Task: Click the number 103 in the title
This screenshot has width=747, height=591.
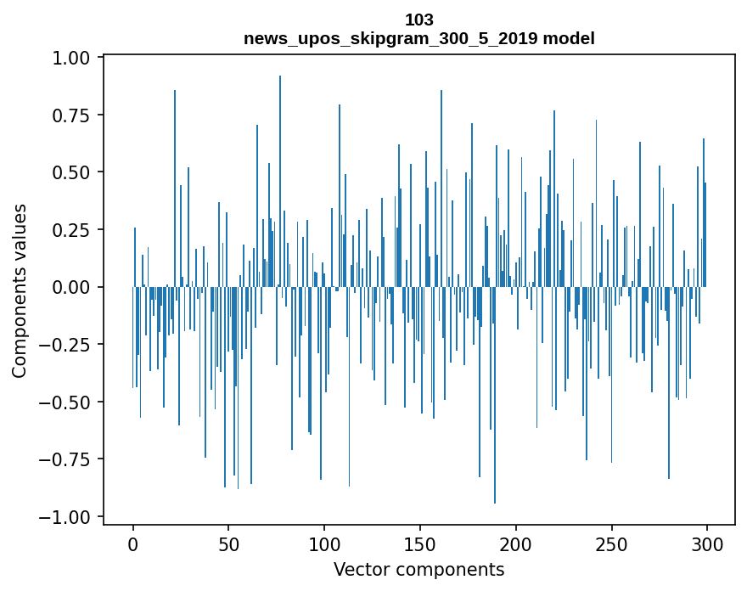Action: [x=419, y=20]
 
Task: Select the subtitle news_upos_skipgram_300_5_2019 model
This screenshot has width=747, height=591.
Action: [x=419, y=38]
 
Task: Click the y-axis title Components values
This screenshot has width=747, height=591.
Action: [x=20, y=290]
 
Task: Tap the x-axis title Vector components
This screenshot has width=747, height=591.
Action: [x=419, y=570]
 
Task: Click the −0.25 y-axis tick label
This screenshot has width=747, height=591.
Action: [x=67, y=345]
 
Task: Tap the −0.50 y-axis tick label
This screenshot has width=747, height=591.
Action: [x=67, y=402]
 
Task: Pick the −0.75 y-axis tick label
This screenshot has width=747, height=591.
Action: [x=67, y=459]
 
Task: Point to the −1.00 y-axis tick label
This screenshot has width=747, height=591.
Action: [x=67, y=517]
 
